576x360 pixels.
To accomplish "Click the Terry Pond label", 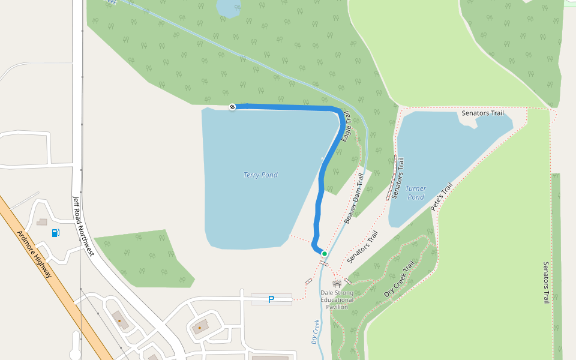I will (260, 175).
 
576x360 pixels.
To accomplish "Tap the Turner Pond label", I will (416, 193).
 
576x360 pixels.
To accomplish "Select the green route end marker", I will (325, 254).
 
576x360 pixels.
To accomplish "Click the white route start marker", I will (232, 107).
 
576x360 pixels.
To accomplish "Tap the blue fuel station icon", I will (56, 233).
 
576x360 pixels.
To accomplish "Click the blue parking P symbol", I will (271, 299).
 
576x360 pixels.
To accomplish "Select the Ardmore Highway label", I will (35, 254).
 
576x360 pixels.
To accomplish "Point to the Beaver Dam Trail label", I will (354, 199).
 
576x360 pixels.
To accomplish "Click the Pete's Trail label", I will (442, 196).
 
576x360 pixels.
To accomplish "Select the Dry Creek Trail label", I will (399, 280).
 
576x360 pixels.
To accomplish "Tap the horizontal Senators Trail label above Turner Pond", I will (482, 113).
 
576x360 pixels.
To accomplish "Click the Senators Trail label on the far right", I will (546, 282).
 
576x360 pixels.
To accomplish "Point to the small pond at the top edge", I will (229, 8).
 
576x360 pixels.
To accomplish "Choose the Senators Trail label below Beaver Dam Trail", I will (362, 248).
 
